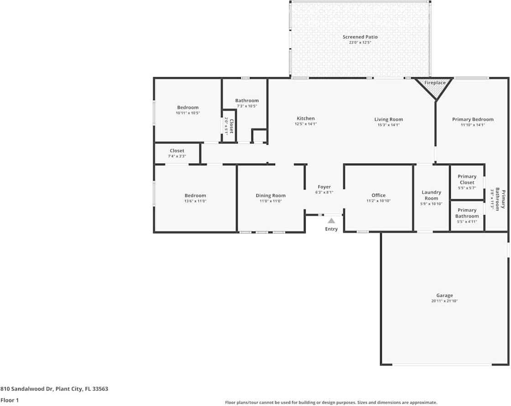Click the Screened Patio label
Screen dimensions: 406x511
click(360, 37)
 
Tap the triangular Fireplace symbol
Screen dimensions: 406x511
click(434, 89)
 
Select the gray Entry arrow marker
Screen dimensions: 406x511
click(331, 221)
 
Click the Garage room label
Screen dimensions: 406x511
click(444, 295)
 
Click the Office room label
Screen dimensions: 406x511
click(378, 195)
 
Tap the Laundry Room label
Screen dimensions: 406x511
click(431, 195)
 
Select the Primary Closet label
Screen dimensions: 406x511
click(467, 179)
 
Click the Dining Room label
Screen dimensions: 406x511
click(271, 195)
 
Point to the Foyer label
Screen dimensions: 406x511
click(324, 187)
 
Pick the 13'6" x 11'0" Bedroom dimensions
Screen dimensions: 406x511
click(195, 201)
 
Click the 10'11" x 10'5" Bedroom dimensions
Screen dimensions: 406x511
click(188, 113)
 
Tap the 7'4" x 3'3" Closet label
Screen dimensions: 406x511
click(177, 151)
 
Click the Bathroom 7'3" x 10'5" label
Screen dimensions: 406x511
click(247, 100)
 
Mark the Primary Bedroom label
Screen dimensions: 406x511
click(473, 119)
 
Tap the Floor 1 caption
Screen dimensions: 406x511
click(10, 400)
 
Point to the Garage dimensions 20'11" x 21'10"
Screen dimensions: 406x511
click(444, 301)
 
